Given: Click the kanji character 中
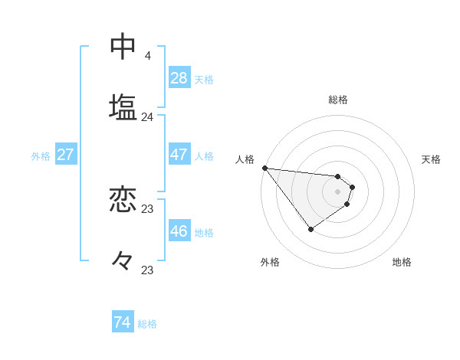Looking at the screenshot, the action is pos(123,47).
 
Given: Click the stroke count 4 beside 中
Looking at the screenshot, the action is pos(148,56).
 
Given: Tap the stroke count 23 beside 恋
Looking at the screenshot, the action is pos(148,209).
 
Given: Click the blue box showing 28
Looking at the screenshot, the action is pos(179,77).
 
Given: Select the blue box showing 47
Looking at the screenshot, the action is pos(179,155).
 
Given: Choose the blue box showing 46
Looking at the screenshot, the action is pos(179,231).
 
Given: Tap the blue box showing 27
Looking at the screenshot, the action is pos(66,155).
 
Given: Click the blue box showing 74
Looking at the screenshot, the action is pos(123,322).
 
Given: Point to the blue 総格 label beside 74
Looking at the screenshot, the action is pos(147,324).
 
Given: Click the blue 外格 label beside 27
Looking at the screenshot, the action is pos(41,156).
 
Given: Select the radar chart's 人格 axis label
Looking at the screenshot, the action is pos(245,159).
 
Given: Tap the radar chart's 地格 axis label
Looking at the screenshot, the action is pos(402,263).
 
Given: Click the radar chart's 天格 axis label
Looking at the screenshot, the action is pos(432,159).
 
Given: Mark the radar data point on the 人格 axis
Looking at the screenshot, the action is pos(264,168).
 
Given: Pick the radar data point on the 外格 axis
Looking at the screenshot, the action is pos(311,229).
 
